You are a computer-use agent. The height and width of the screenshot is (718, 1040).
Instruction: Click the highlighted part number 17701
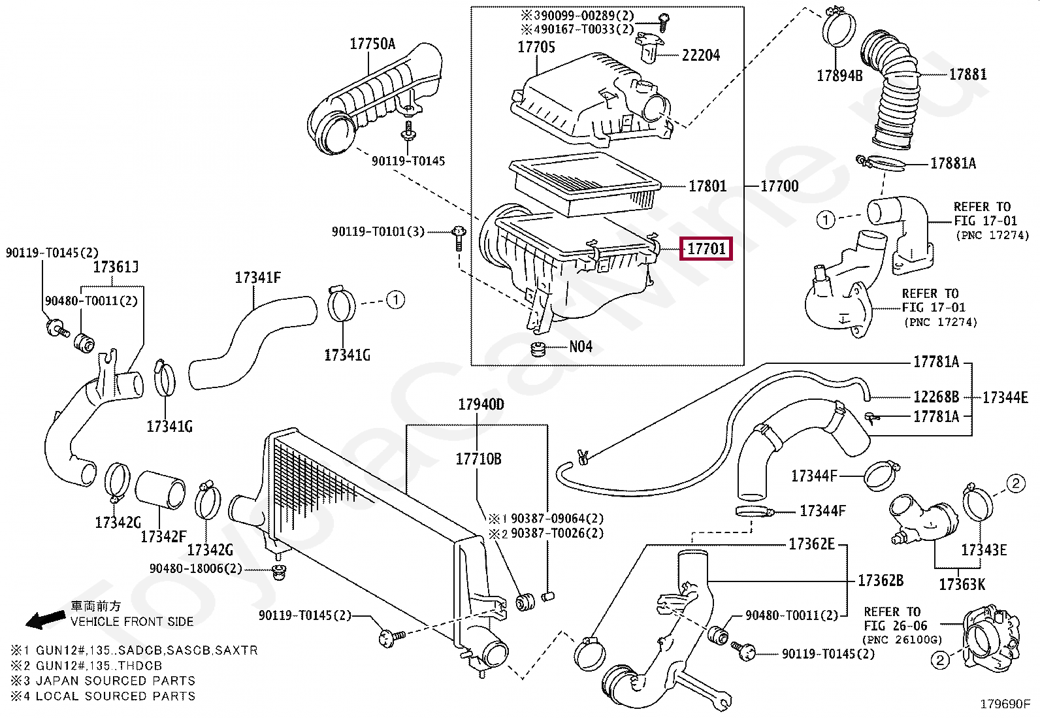(706, 249)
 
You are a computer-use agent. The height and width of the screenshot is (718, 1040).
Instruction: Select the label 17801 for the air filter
(707, 187)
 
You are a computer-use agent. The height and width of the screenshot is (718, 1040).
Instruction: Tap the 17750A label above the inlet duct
(372, 44)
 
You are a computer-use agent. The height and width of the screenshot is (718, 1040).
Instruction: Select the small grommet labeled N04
(538, 348)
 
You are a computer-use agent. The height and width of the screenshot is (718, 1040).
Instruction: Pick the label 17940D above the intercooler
(481, 405)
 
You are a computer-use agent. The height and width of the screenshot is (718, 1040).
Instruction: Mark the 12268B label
(935, 397)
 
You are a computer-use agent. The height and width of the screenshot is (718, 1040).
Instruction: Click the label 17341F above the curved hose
(257, 278)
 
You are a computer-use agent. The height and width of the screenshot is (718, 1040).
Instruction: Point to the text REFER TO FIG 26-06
(892, 619)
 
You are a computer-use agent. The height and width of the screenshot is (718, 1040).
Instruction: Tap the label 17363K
(962, 584)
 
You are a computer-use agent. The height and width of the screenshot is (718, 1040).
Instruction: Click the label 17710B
(478, 459)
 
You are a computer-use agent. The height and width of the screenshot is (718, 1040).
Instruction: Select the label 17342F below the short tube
(163, 536)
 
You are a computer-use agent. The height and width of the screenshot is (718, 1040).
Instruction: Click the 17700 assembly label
(779, 187)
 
